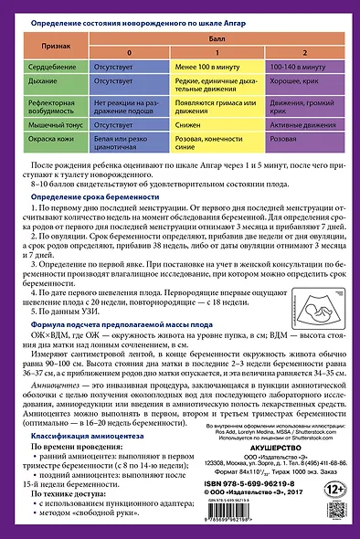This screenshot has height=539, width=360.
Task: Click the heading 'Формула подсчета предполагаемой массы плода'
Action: (x=124, y=350)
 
